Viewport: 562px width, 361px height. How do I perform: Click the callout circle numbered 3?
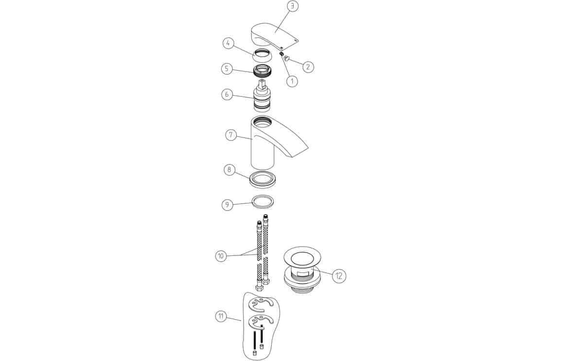click(293, 7)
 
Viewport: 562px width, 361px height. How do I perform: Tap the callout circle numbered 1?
click(292, 81)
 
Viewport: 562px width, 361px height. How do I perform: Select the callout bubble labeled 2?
click(308, 67)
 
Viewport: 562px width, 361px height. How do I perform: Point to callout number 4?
click(228, 43)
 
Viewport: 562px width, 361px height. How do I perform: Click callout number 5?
click(227, 69)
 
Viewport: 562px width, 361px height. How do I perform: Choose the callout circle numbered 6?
click(227, 95)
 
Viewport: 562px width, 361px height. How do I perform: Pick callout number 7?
click(231, 135)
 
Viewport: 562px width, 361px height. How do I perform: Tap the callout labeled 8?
click(229, 169)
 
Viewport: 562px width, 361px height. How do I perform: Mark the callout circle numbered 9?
click(227, 204)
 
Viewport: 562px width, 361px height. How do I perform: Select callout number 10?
click(221, 256)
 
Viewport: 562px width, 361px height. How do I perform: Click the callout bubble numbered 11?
click(221, 316)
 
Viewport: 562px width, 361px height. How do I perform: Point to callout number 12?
click(339, 276)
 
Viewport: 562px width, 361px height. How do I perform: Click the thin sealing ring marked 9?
click(263, 201)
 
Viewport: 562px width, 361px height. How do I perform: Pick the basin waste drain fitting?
click(301, 270)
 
